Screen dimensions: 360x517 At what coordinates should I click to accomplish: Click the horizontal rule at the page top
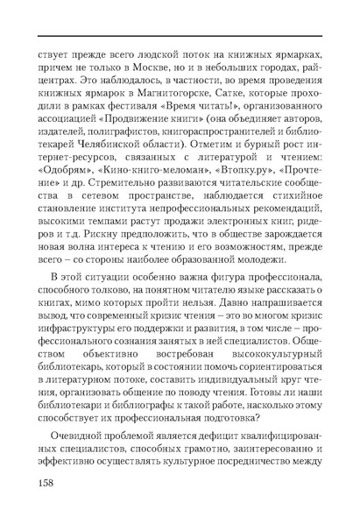pos(180,37)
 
